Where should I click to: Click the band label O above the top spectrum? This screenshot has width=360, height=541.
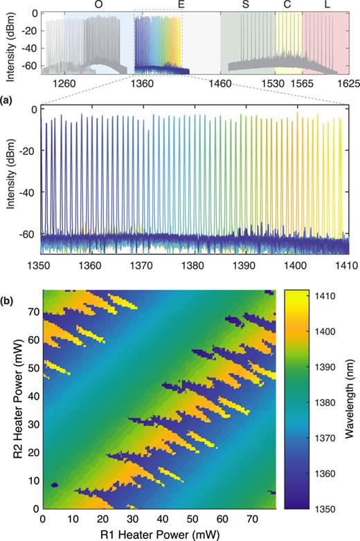coord(99,5)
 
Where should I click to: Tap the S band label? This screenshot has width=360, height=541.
coord(246,5)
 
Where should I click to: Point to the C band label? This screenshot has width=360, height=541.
coord(287,5)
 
